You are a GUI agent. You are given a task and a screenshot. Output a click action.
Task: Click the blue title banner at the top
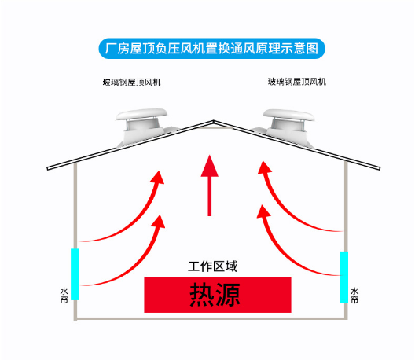coord(211,49)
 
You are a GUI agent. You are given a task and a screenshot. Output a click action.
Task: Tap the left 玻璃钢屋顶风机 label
coord(131,83)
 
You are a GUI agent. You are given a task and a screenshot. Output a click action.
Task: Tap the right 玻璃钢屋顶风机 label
coord(296,82)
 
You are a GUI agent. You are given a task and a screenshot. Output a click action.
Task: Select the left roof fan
coord(143,127)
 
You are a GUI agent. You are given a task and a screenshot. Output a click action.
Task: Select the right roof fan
coord(287,127)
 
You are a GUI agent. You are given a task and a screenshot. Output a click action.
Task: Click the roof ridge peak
coord(214,121)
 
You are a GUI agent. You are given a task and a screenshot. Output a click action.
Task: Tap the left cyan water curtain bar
coord(75,274)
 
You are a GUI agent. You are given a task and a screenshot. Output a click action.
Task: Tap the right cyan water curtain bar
coord(344,277)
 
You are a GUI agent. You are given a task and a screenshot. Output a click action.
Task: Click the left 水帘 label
coord(64,296)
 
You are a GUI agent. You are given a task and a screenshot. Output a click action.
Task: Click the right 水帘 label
coord(354,296)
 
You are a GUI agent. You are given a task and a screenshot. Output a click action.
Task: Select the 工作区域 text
coord(213,266)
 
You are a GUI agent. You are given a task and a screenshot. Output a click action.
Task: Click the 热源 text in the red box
coord(215,295)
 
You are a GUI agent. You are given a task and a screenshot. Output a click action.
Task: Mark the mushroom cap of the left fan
coord(141,114)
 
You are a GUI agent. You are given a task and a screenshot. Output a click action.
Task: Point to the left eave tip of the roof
coord(48,168)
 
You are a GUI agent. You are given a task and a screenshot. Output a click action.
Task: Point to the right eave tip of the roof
coord(380,168)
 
